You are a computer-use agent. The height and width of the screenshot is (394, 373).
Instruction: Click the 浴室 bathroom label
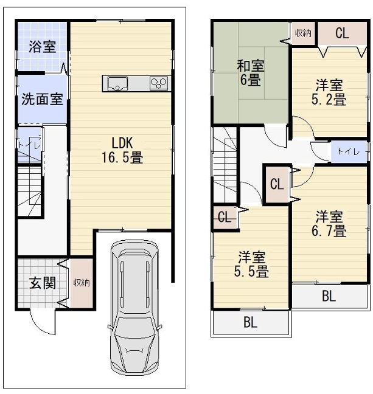point(42,47)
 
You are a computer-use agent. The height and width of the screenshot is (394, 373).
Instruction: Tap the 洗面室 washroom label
point(42,99)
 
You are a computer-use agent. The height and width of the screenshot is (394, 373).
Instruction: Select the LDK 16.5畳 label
point(122,151)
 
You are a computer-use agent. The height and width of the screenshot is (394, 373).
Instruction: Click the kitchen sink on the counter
point(117,83)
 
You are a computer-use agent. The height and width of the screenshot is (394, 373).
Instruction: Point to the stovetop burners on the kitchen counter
point(158,83)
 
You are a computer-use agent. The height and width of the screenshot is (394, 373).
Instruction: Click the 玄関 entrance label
point(42,283)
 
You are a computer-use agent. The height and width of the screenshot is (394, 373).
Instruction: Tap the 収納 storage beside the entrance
point(82,283)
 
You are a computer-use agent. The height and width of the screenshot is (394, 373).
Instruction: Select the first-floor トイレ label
point(29,145)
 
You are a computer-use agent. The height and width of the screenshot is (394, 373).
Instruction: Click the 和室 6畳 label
point(251,73)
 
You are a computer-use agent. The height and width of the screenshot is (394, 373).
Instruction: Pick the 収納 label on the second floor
point(303,33)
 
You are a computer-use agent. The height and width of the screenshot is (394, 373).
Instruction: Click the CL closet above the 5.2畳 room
point(342,33)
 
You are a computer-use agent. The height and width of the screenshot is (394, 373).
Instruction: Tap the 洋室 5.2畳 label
point(329,92)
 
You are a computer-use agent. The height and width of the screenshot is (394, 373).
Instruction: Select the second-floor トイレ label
point(349,151)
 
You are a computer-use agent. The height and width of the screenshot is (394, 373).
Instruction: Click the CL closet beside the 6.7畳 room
point(277,184)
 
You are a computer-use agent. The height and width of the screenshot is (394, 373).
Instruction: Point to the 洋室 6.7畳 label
point(329,224)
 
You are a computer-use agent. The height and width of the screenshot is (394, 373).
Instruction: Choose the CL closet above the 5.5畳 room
point(225,217)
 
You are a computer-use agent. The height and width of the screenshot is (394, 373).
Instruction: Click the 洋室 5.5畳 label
point(251,264)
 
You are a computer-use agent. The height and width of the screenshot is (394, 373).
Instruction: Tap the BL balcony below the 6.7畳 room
point(329,296)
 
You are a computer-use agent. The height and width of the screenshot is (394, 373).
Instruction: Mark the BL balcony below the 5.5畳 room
point(251,322)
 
